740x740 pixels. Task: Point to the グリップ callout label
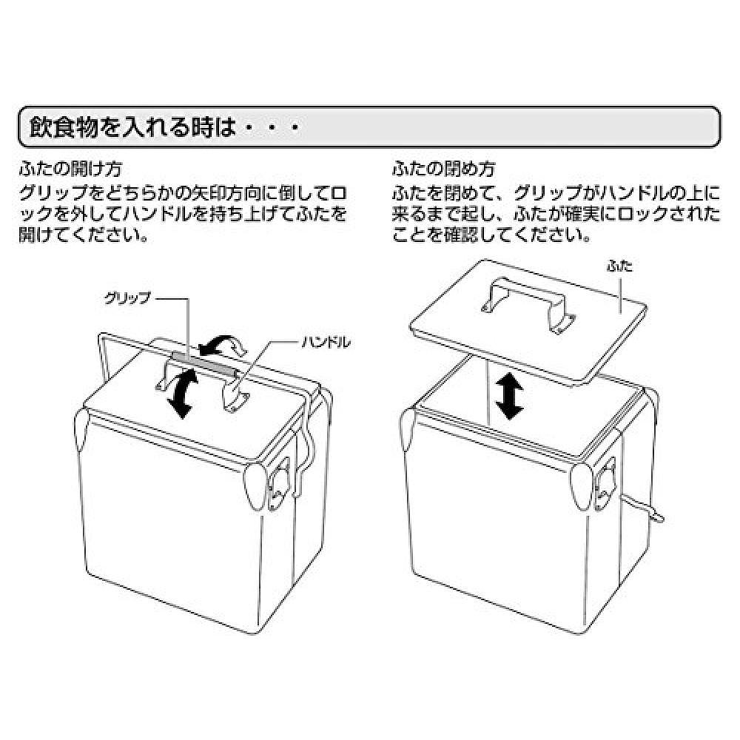tap(127, 298)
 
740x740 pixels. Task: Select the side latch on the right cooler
tap(611, 485)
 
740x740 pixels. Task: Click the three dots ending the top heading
tap(271, 130)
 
